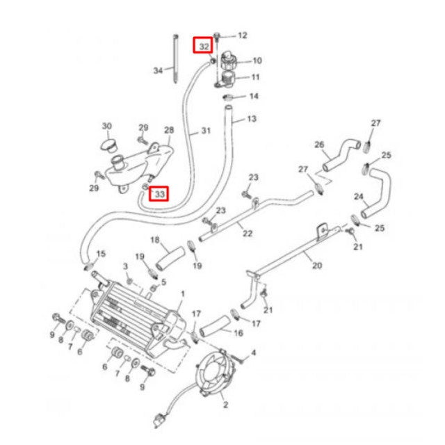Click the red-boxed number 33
tap(160, 194)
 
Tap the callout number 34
tap(158, 70)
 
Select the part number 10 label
tap(257, 60)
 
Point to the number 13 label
tap(252, 119)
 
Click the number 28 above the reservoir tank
tap(169, 130)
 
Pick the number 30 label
tap(107, 126)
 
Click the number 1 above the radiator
tap(183, 294)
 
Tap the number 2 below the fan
tap(225, 405)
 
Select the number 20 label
tap(317, 266)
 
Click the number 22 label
tap(248, 234)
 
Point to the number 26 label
tap(319, 145)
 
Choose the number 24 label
tap(359, 196)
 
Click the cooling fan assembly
tap(216, 373)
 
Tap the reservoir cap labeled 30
tap(108, 145)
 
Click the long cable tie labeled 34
tap(176, 59)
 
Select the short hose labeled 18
tap(170, 259)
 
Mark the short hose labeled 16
tap(215, 326)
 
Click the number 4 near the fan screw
tap(253, 353)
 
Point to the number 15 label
tap(101, 254)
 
